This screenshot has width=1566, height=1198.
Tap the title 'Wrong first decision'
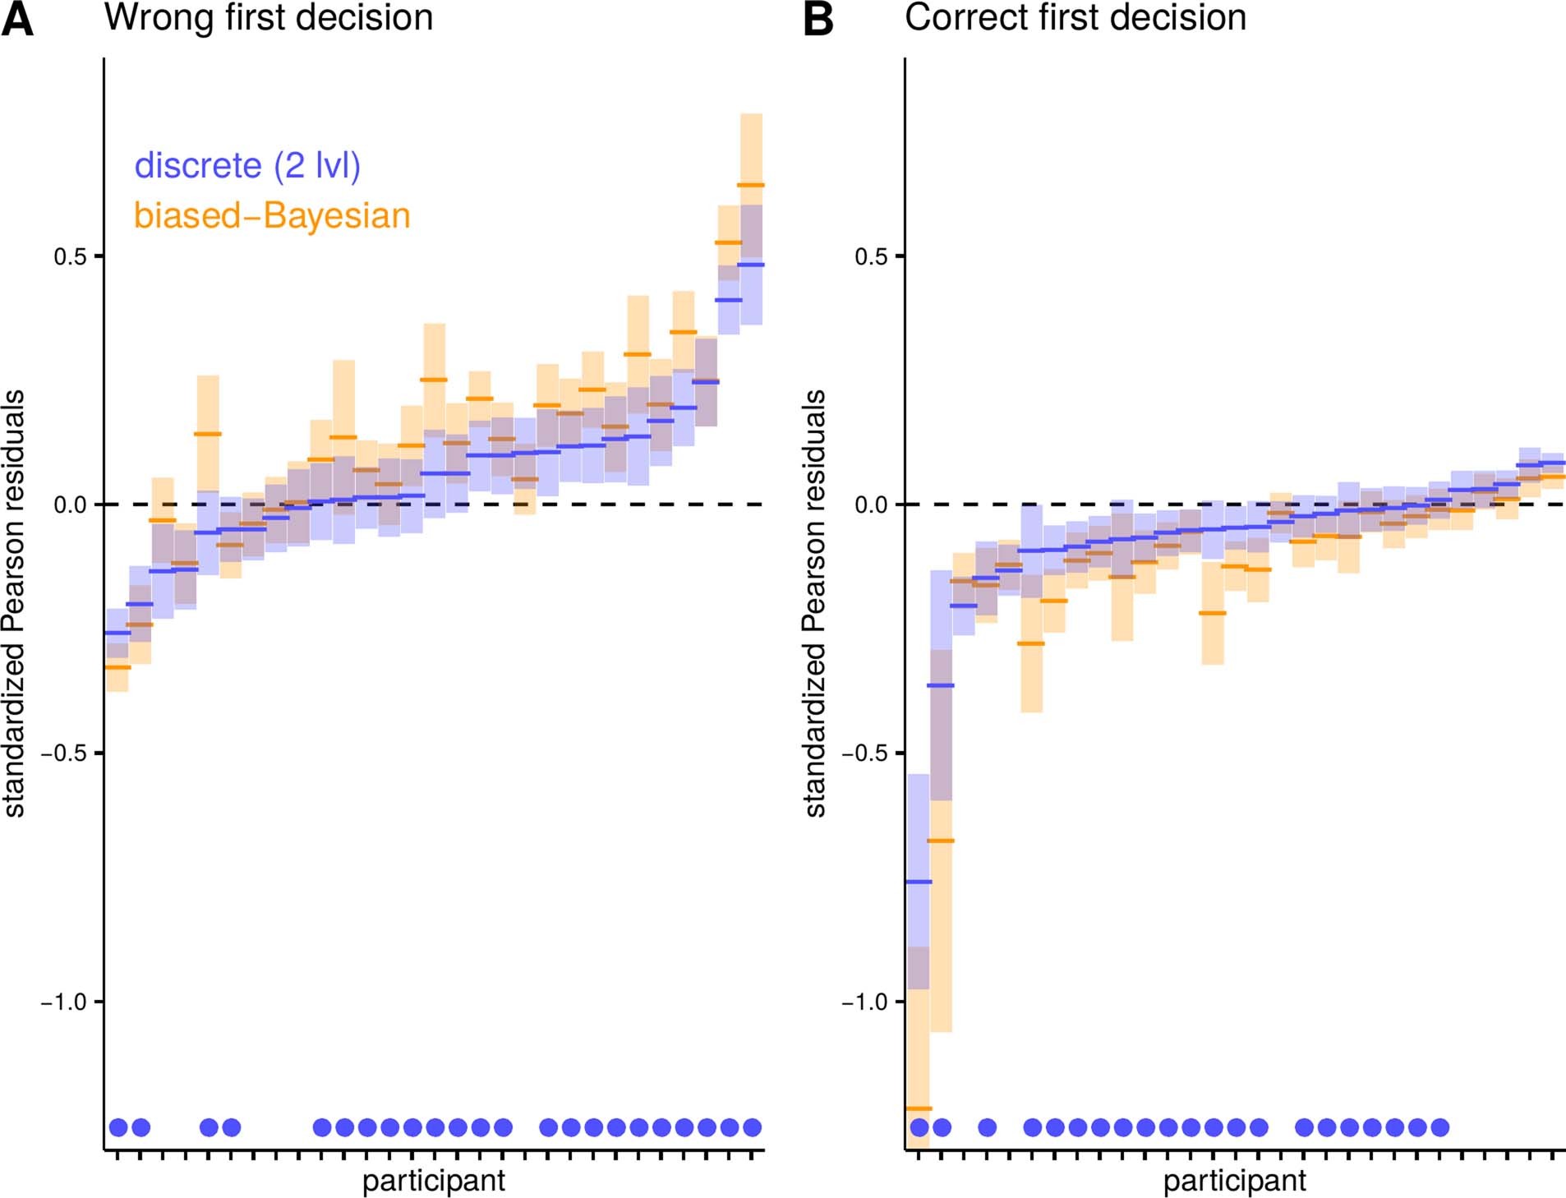pyautogui.click(x=269, y=18)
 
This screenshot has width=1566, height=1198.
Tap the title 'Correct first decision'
pyautogui.click(x=1075, y=18)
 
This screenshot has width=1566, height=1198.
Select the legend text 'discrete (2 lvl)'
pyautogui.click(x=247, y=166)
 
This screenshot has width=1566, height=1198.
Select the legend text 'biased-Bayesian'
pyautogui.click(x=272, y=216)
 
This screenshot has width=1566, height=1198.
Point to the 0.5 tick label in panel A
pyautogui.click(x=70, y=256)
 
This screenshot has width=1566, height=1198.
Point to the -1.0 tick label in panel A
pyautogui.click(x=63, y=1002)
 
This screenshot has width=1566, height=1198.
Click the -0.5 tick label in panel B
pyautogui.click(x=864, y=753)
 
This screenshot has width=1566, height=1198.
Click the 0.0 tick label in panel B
pyautogui.click(x=871, y=505)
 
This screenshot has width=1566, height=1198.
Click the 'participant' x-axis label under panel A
pyautogui.click(x=434, y=1181)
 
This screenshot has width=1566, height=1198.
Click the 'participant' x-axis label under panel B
pyautogui.click(x=1234, y=1181)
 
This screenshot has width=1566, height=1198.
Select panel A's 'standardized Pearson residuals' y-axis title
pyautogui.click(x=15, y=603)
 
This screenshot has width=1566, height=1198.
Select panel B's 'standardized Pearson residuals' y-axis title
pyautogui.click(x=815, y=603)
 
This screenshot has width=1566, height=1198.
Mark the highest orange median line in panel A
pyautogui.click(x=751, y=185)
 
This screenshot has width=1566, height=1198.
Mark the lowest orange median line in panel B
pyautogui.click(x=919, y=1108)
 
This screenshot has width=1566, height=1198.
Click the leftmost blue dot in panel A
pyautogui.click(x=118, y=1127)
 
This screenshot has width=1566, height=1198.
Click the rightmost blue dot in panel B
pyautogui.click(x=1439, y=1127)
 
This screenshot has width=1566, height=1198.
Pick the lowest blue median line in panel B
pyautogui.click(x=919, y=882)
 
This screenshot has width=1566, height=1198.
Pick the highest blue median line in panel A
pyautogui.click(x=751, y=265)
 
